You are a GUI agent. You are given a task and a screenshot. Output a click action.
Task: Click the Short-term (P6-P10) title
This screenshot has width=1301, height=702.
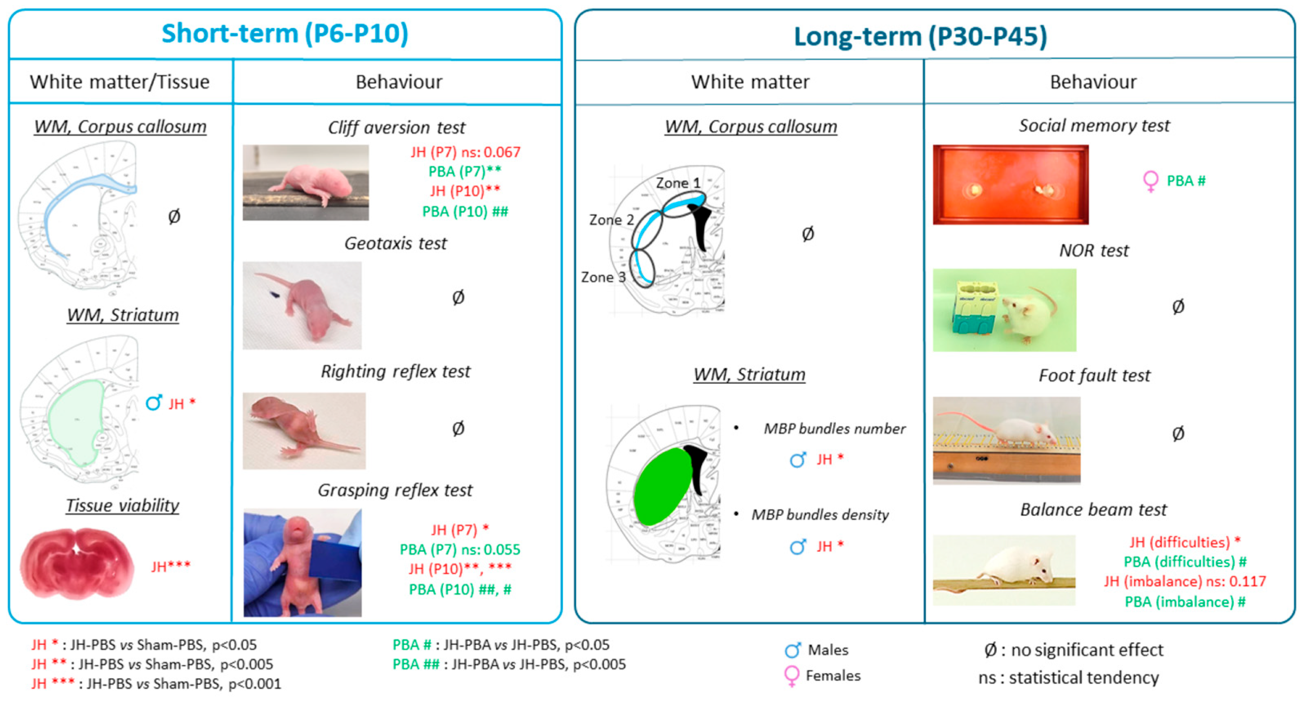[x=285, y=34]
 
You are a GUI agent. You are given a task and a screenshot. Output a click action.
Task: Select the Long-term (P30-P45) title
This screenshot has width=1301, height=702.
[x=920, y=36]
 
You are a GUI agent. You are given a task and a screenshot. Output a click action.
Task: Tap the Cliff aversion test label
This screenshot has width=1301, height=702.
[x=397, y=128]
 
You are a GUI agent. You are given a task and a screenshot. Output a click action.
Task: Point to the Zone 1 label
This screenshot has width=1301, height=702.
[x=678, y=183]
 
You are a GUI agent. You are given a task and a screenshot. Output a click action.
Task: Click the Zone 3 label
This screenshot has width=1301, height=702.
[x=603, y=277]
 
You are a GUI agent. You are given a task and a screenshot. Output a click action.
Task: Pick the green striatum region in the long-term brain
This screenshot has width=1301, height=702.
[x=662, y=487]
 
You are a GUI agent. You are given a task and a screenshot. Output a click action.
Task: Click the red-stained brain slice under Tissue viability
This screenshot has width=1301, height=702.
[x=77, y=563]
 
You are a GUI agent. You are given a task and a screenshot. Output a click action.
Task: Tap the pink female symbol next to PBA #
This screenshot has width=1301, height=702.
[x=1150, y=181]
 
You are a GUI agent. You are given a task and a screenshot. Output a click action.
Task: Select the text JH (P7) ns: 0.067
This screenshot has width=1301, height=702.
[x=465, y=152]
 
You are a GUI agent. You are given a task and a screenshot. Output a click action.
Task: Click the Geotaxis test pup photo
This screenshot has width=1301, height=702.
[x=302, y=306]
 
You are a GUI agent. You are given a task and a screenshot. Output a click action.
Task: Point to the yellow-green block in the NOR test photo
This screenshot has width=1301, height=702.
[x=977, y=309]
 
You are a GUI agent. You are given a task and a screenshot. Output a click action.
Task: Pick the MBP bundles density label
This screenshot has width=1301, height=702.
[x=820, y=515]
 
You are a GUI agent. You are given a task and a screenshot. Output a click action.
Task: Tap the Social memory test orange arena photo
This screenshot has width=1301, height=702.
[x=1010, y=185]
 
